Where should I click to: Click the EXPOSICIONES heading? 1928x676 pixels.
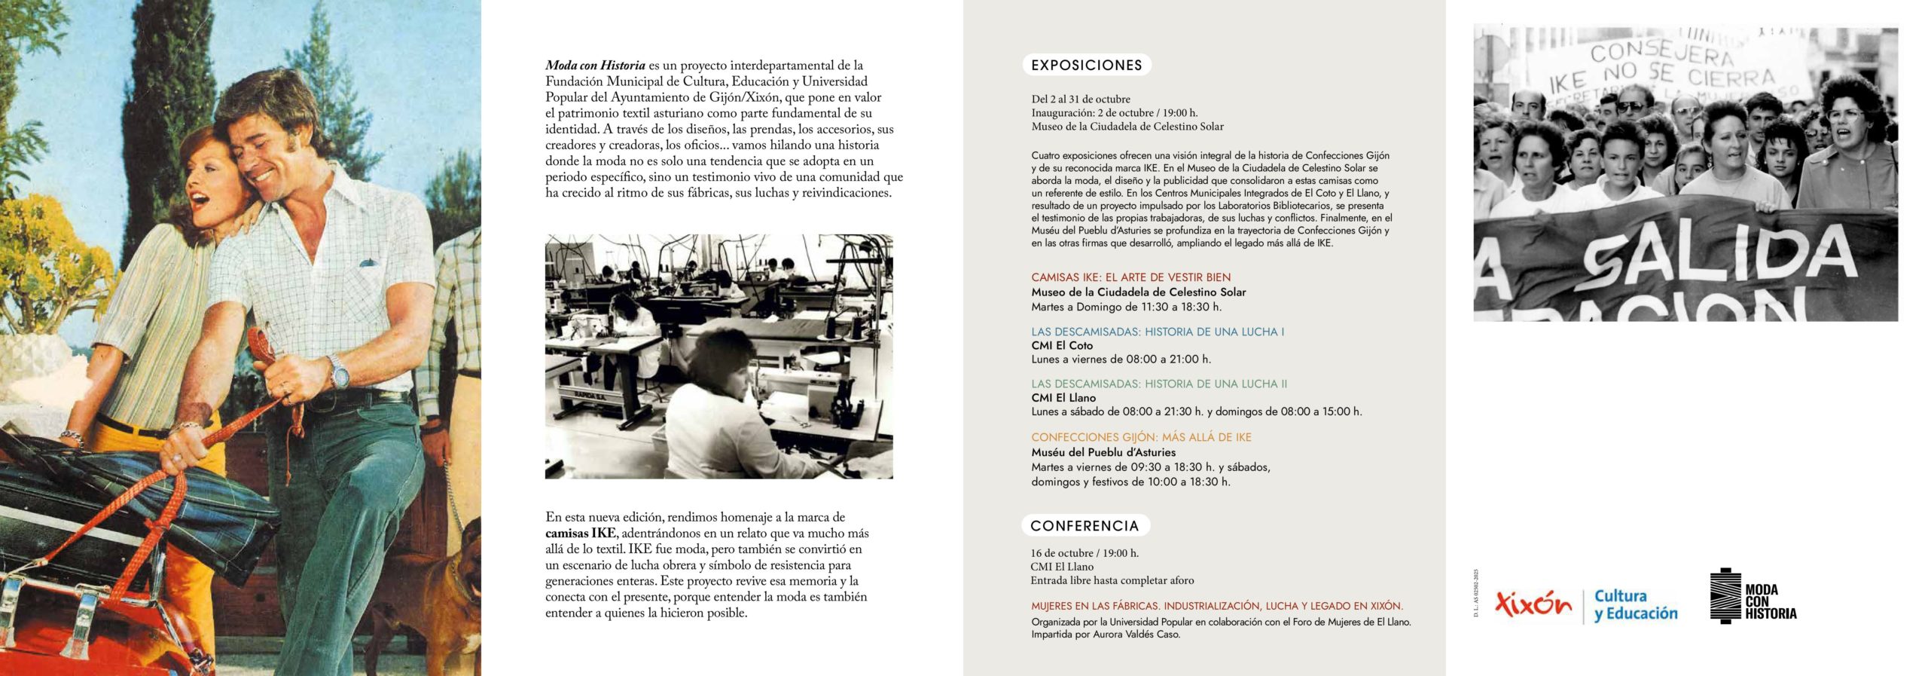(1086, 66)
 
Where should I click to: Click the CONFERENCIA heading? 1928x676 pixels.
(1084, 525)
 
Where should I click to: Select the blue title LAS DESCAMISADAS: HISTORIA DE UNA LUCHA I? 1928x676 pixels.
(1158, 332)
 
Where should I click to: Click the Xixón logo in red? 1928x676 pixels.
(1533, 604)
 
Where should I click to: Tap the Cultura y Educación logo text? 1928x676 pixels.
(1635, 605)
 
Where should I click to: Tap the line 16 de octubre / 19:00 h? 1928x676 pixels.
(1084, 553)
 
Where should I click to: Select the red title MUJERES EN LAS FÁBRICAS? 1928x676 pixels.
(1216, 606)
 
